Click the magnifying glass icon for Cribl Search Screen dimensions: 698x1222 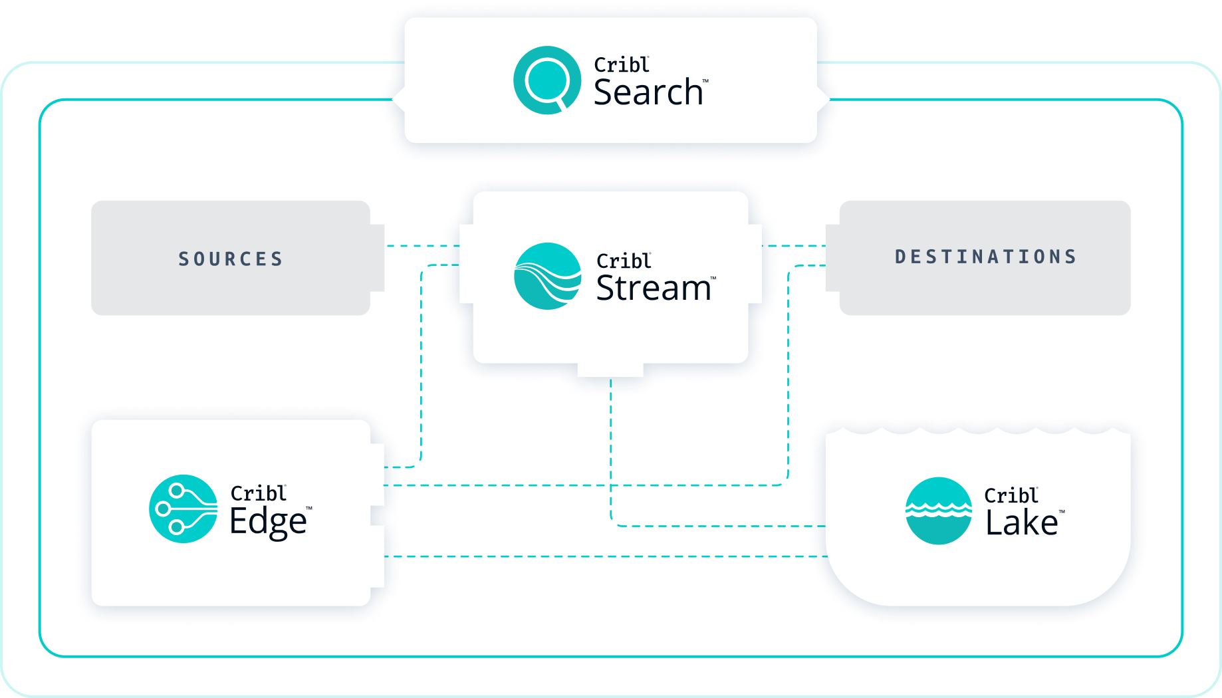pyautogui.click(x=547, y=80)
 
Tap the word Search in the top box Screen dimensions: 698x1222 pyautogui.click(x=648, y=92)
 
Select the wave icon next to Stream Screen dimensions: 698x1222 pyautogui.click(x=548, y=276)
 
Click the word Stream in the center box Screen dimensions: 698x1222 pyautogui.click(x=654, y=289)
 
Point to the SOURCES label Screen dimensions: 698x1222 pyautogui.click(x=231, y=259)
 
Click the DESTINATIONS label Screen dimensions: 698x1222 pyautogui.click(x=985, y=257)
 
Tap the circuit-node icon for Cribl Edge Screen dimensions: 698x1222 pyautogui.click(x=183, y=509)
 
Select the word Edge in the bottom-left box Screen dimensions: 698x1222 pyautogui.click(x=268, y=522)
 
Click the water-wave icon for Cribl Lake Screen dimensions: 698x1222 pyautogui.click(x=938, y=511)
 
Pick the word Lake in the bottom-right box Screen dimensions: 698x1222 pyautogui.click(x=1022, y=523)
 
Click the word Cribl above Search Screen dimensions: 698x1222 pyautogui.click(x=621, y=65)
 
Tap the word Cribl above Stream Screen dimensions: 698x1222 pyautogui.click(x=623, y=261)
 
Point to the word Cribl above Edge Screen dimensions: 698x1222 pyautogui.click(x=258, y=493)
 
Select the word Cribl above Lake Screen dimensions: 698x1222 pyautogui.click(x=1011, y=496)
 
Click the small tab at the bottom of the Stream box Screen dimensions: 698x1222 pyautogui.click(x=610, y=370)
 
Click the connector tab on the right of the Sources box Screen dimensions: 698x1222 pyautogui.click(x=378, y=258)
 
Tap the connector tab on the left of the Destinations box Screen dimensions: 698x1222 pyautogui.click(x=832, y=258)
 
